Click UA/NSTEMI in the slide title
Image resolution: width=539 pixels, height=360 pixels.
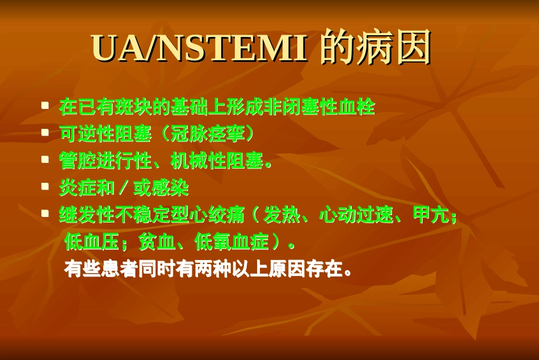[199, 48]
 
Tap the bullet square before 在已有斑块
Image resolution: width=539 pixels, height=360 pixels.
[45, 106]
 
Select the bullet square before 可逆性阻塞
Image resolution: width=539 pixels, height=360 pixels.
[45, 133]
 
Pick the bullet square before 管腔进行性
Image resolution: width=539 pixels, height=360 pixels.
[45, 160]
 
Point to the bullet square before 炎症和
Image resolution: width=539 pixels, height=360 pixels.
[45, 187]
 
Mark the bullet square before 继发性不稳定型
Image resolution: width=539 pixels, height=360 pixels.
[45, 215]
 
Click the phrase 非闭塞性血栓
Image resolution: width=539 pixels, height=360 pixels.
[320, 107]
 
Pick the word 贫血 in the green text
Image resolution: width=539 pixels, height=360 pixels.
[157, 242]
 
